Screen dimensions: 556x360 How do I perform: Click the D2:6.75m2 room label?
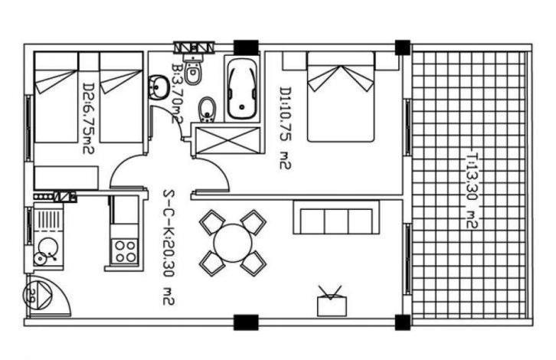tap(89, 118)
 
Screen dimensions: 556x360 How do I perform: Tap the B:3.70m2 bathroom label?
tap(177, 93)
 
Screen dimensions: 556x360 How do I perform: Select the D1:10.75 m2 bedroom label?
tap(285, 128)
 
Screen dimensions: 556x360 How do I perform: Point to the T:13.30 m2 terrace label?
tap(473, 190)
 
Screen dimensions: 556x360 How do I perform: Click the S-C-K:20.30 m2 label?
tap(168, 247)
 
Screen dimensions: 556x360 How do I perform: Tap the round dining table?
tap(233, 243)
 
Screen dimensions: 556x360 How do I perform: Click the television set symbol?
tap(332, 301)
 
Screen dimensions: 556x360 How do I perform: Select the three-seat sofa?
tap(336, 218)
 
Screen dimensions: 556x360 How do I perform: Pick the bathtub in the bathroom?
tap(242, 89)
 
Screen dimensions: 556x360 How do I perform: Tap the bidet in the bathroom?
tap(207, 110)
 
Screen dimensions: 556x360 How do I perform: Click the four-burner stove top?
tap(125, 251)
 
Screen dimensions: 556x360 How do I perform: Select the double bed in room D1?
tap(340, 97)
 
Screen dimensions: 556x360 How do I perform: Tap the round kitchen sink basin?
tap(48, 247)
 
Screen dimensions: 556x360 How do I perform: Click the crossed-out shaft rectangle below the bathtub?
tap(227, 140)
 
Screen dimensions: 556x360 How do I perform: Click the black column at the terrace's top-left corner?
tap(403, 47)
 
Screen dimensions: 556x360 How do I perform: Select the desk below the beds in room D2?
tap(66, 178)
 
